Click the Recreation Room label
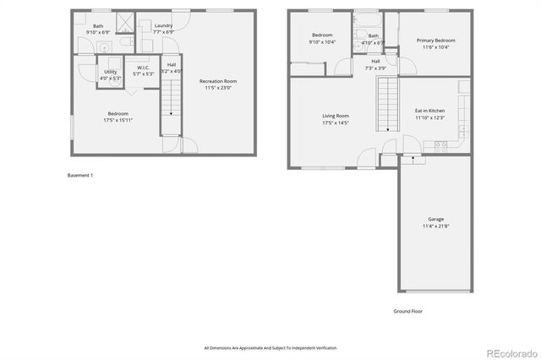click(x=218, y=81)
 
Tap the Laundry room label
click(x=163, y=25)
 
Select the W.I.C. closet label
click(x=143, y=68)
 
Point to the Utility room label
click(x=111, y=72)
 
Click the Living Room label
click(x=336, y=116)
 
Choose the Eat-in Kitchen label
click(x=429, y=111)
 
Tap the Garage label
click(x=435, y=219)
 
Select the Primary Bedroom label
click(x=435, y=40)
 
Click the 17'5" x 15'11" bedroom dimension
click(x=117, y=120)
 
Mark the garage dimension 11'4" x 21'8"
click(x=435, y=226)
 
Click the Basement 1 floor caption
click(x=80, y=175)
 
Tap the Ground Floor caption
click(x=407, y=311)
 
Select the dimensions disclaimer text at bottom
click(x=270, y=347)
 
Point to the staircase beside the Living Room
click(x=386, y=102)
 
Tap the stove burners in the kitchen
click(x=440, y=145)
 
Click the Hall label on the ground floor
click(x=375, y=61)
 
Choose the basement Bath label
click(x=98, y=25)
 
